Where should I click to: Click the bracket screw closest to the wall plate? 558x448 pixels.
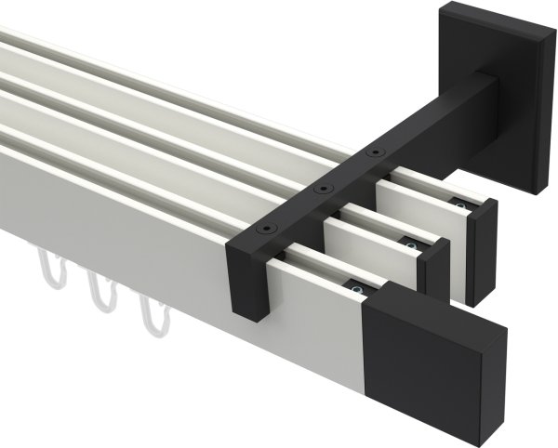(x=375, y=152)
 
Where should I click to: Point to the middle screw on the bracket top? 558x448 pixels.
(x=323, y=188)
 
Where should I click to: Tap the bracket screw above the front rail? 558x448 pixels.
(x=263, y=230)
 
